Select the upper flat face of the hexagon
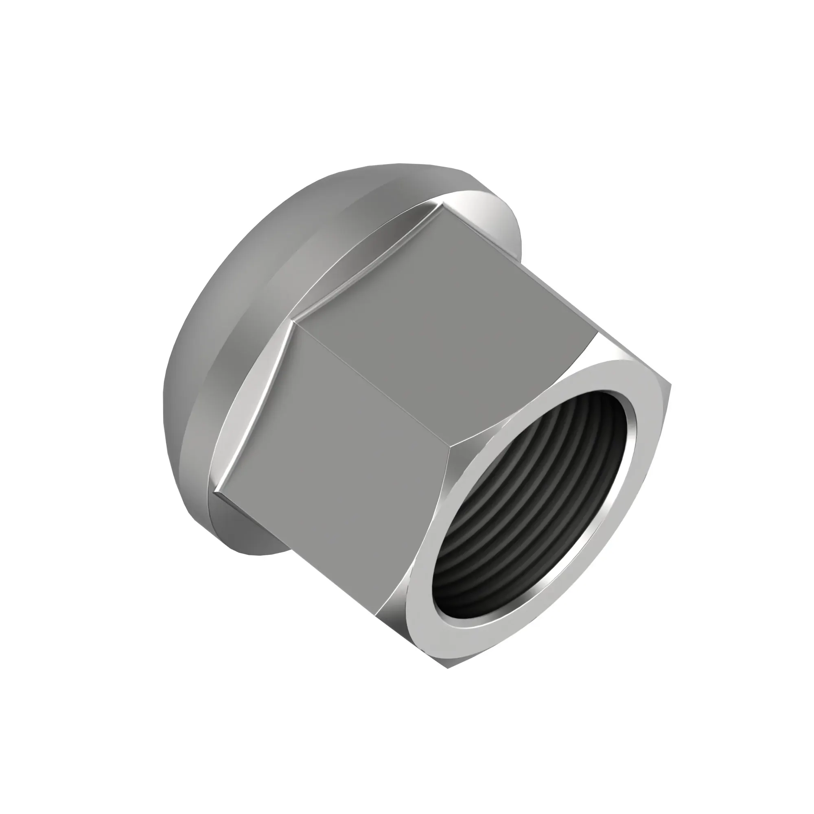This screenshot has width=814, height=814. click(446, 312)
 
